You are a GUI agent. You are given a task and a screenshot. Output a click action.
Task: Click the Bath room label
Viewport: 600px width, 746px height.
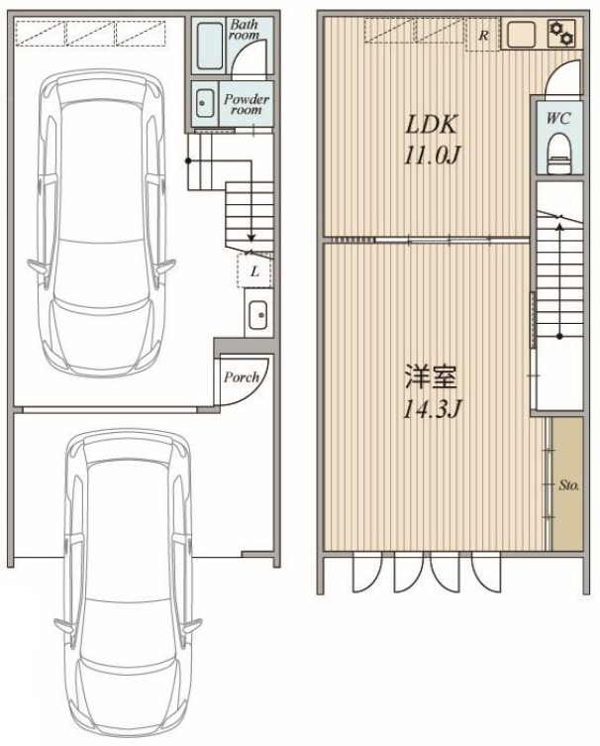245,29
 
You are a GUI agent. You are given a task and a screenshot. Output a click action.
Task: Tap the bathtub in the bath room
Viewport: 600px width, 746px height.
209,45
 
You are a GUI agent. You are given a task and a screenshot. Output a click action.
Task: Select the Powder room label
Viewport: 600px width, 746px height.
247,104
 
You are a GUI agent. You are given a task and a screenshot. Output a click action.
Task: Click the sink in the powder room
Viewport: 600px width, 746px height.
205,103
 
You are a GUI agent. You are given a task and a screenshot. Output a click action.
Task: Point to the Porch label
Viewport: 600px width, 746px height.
242,377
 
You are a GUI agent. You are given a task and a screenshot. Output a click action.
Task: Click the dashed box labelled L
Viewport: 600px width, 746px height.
254,270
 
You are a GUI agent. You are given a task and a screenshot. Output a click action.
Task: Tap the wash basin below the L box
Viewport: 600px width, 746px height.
258,314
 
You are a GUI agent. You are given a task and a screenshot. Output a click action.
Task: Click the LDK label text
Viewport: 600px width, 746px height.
431,125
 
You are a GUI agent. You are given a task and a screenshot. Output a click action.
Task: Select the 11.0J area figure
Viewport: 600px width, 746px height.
432,155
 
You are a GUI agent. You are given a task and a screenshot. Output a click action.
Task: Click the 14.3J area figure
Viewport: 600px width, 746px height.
432,409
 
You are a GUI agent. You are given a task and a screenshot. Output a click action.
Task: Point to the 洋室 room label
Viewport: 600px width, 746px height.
431,377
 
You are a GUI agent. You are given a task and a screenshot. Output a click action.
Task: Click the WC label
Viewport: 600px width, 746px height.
558,118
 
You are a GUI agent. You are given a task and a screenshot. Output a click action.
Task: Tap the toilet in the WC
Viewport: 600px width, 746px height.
558,154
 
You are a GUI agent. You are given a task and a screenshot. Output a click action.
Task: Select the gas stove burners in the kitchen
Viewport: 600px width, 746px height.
561,33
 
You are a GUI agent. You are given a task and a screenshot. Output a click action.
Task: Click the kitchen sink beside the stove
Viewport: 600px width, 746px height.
523,35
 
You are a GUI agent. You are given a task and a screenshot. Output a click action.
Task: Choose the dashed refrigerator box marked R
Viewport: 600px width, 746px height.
482,35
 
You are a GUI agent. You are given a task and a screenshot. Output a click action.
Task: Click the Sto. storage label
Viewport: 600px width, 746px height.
568,485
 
